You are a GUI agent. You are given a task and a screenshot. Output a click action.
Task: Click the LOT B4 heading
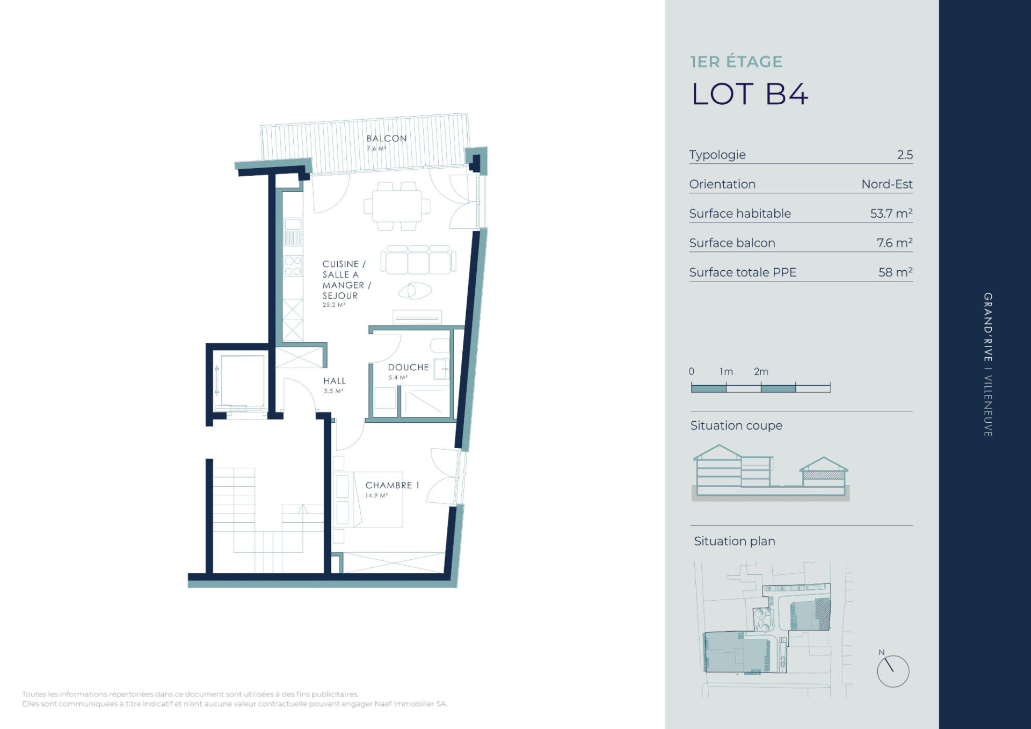click(x=749, y=94)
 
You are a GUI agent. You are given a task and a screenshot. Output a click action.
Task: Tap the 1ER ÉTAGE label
click(x=736, y=62)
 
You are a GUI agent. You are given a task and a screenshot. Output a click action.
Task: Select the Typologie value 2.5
click(x=905, y=155)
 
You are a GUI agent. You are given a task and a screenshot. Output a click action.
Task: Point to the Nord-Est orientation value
click(x=887, y=184)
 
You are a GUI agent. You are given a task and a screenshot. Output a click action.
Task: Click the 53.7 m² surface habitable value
click(x=891, y=213)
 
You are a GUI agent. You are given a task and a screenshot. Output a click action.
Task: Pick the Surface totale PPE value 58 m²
click(x=896, y=272)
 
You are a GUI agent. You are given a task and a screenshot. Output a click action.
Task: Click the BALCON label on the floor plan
click(x=387, y=138)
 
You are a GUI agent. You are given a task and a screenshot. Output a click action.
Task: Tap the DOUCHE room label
click(x=408, y=367)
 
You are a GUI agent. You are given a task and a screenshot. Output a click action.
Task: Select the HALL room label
click(x=335, y=381)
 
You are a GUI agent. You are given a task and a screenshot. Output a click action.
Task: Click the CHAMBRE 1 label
click(x=392, y=485)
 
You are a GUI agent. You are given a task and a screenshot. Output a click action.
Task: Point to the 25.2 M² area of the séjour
click(x=334, y=305)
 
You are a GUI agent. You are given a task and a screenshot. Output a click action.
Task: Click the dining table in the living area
click(x=397, y=206)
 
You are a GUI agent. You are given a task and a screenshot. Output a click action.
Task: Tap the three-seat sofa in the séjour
click(x=418, y=260)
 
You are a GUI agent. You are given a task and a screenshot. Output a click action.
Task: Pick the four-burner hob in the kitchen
click(x=293, y=266)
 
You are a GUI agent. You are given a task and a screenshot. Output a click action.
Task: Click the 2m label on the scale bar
click(x=761, y=371)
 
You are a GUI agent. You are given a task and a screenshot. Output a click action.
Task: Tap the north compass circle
click(x=893, y=671)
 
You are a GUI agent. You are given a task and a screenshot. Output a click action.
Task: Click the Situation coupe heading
click(x=736, y=425)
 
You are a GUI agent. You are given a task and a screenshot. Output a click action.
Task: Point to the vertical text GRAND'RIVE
click(x=988, y=327)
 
